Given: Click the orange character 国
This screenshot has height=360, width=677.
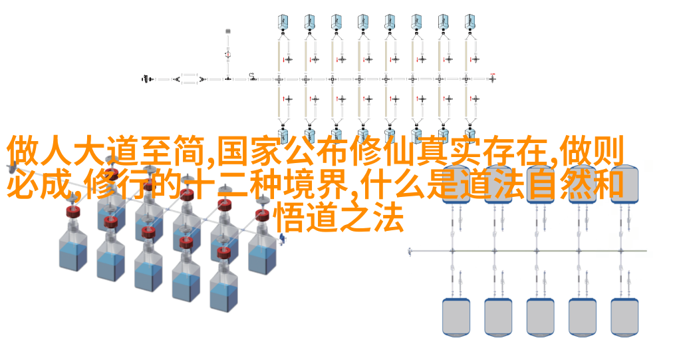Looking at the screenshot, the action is pyautogui.click(x=232, y=152).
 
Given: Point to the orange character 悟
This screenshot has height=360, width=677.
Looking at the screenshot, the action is pyautogui.click(x=290, y=218).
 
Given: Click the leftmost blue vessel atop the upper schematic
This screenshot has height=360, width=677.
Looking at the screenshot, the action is pyautogui.click(x=283, y=21).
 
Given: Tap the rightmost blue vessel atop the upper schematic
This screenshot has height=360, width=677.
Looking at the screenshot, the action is pyautogui.click(x=470, y=21).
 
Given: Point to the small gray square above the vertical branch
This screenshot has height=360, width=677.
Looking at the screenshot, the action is pyautogui.click(x=228, y=31).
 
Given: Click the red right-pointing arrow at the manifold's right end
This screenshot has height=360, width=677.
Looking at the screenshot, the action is pyautogui.click(x=493, y=75).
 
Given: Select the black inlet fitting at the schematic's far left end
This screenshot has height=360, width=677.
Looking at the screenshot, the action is pyautogui.click(x=147, y=79).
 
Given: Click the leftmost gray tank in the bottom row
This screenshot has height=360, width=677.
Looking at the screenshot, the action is pyautogui.click(x=456, y=317).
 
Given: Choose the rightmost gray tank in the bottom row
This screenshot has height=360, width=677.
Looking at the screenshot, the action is pyautogui.click(x=624, y=317).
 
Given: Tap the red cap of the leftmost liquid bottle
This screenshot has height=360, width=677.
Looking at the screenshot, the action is pyautogui.click(x=73, y=212).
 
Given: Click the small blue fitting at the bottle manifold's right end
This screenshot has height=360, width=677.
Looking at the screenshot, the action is pyautogui.click(x=282, y=238).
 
